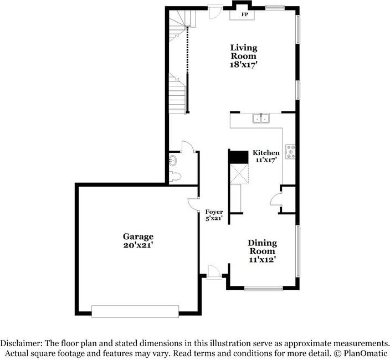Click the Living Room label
tap(243, 52)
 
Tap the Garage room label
tap(138, 236)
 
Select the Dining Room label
tap(262, 247)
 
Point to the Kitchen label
tap(266, 152)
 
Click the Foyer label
tap(214, 212)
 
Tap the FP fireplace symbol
tap(244, 15)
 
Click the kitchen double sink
tap(260, 117)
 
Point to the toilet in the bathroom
tap(175, 177)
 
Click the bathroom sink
tap(173, 161)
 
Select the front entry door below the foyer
tap(212, 271)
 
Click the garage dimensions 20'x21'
tap(138, 245)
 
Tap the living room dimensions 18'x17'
tap(243, 65)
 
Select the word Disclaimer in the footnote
tap(21, 343)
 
